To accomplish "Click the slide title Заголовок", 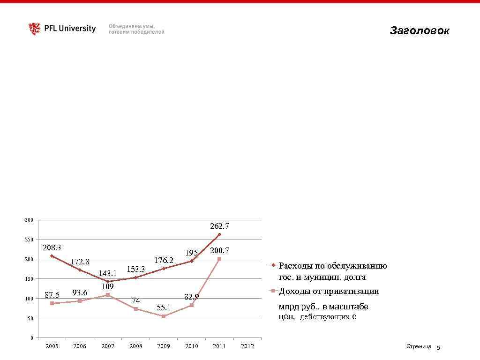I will pos(419,31).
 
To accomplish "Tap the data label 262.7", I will pos(219,226).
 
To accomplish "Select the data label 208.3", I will pos(52,247).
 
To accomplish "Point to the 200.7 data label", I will pos(219,251).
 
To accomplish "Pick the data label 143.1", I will pos(108,273).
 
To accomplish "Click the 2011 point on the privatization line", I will pos(219,259).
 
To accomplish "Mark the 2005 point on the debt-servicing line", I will pos(52,256).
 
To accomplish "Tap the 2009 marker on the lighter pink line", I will pos(164,316).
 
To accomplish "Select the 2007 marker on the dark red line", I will pos(108,281).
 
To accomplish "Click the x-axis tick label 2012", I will pos(247,346).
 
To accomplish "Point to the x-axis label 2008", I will pos(135,346).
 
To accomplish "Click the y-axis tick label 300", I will pos(29,220).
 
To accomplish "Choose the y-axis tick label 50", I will pos(30,318).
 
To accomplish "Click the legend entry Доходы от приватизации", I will pos(329,291).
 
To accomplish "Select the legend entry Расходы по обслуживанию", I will pos(333,266).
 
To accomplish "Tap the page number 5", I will pos(438,348).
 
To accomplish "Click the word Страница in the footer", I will pos(419,346).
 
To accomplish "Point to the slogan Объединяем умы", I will pos(132,26).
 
